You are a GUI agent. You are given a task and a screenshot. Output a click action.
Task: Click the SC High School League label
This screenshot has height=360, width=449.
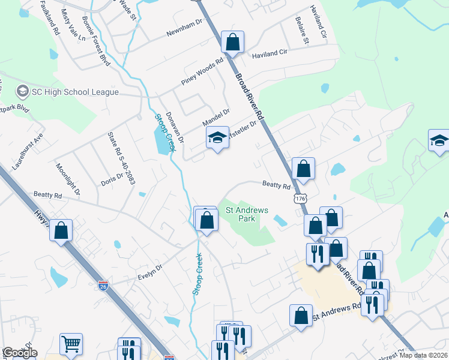click(x=75, y=92)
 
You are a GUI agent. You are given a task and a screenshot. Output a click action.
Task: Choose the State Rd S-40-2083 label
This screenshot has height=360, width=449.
click(x=119, y=158)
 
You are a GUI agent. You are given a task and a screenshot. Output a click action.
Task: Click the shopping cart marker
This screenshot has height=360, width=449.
click(x=71, y=344)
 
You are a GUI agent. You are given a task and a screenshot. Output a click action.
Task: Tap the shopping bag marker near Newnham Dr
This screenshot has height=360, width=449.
click(x=232, y=43)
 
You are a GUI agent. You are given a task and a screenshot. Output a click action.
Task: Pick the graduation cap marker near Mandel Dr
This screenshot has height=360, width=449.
click(x=217, y=139)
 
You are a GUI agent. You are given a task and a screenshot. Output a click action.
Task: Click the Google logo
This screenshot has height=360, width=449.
click(x=19, y=353)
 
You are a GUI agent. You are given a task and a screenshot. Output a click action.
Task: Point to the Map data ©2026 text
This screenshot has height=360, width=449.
click(x=421, y=355)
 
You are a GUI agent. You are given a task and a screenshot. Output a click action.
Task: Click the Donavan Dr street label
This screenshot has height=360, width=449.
click(x=174, y=127)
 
